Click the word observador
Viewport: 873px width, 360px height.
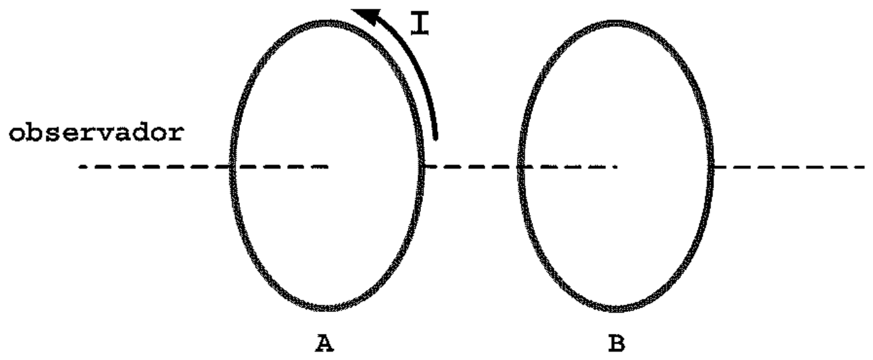click(96, 133)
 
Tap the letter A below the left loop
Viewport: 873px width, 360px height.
click(324, 343)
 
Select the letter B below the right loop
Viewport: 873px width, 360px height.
click(617, 343)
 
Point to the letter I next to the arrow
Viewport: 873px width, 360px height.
click(420, 23)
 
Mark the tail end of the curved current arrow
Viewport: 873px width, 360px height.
click(435, 138)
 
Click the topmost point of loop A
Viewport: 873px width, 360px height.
click(326, 23)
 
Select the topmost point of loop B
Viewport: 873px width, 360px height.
click(616, 23)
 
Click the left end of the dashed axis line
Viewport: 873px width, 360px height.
click(80, 167)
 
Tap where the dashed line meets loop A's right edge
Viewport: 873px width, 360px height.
click(422, 167)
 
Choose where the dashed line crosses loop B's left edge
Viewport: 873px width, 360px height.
click(521, 167)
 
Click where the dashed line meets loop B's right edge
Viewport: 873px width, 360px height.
click(710, 167)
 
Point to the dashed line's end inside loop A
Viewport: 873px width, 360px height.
click(328, 167)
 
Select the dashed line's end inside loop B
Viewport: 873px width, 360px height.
click(616, 167)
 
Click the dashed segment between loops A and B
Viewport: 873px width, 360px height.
click(471, 167)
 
